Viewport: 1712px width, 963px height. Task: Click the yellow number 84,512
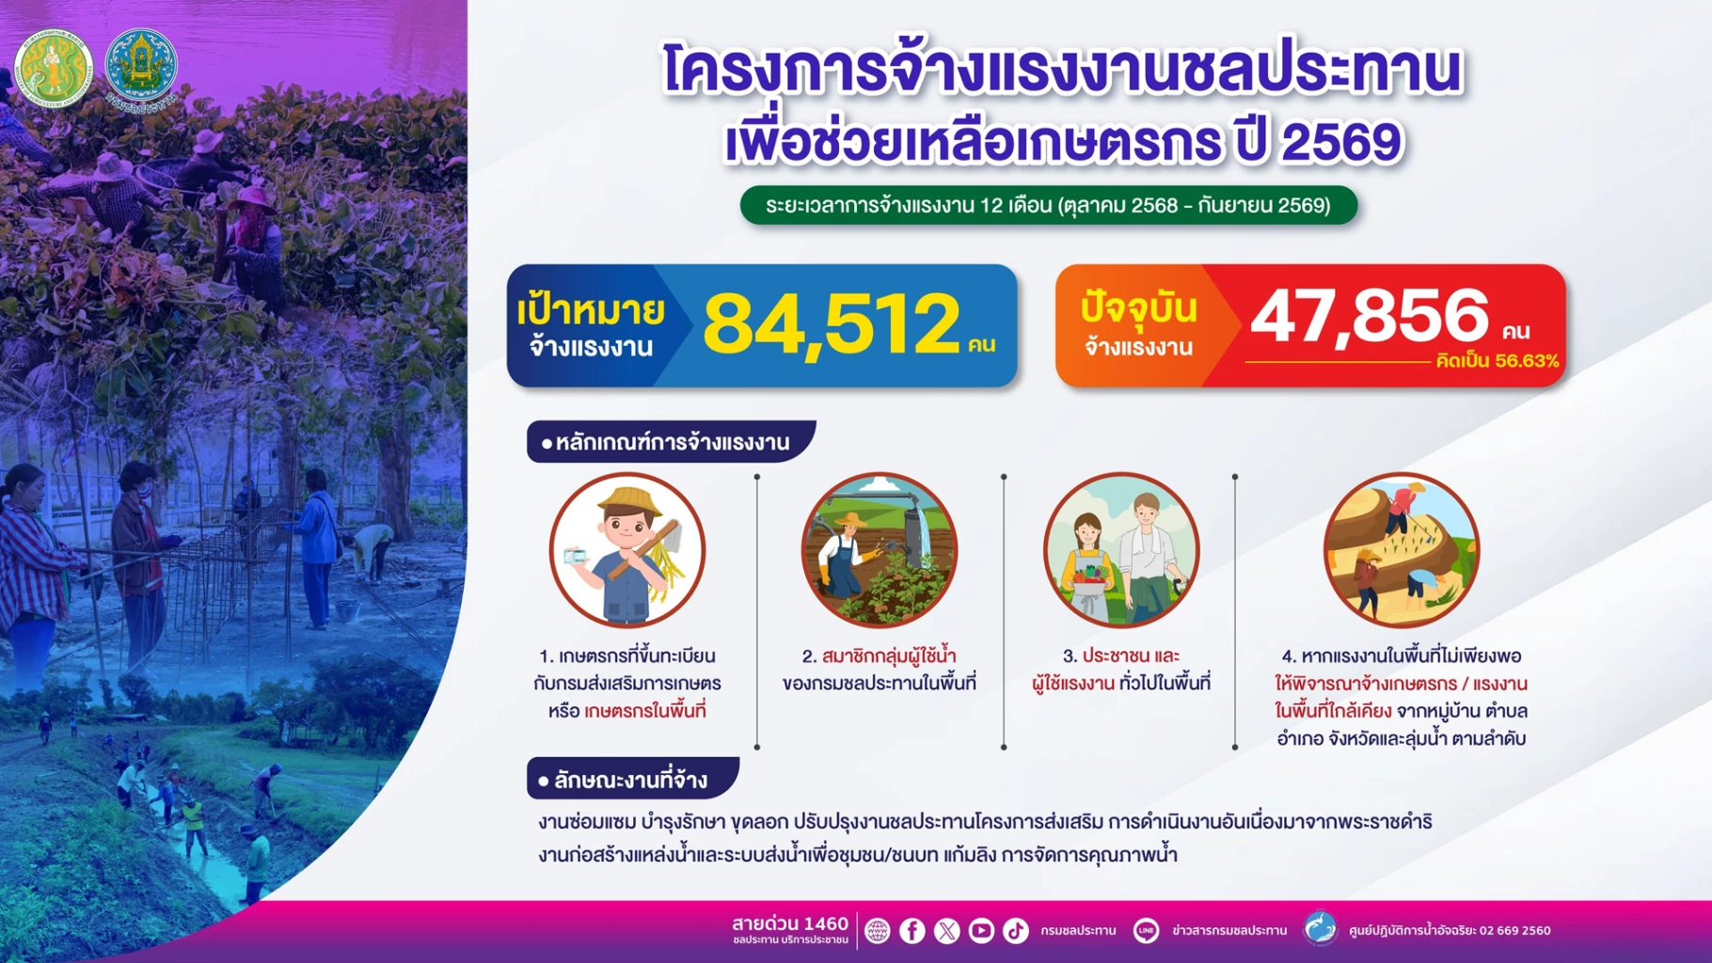832,324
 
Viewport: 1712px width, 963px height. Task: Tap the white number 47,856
1370,316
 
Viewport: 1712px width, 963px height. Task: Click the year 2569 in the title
1341,142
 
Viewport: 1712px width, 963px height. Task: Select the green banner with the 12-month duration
1048,205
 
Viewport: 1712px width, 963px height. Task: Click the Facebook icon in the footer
911,931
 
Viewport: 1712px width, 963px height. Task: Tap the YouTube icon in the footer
981,931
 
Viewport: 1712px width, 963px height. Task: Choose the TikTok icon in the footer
1016,931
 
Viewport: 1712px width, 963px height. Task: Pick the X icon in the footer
946,931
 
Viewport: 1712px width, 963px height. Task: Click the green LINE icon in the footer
1146,931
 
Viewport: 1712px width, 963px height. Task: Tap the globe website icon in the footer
877,931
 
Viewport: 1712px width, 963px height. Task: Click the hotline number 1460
827,924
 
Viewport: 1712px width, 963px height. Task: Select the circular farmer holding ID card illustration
627,550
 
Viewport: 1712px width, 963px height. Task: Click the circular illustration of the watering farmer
879,550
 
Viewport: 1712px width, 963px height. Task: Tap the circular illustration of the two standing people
1121,550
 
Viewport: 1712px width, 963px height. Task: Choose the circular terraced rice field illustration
1401,550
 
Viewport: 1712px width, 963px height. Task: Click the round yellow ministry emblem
53,69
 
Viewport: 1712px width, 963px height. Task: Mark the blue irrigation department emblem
141,66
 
